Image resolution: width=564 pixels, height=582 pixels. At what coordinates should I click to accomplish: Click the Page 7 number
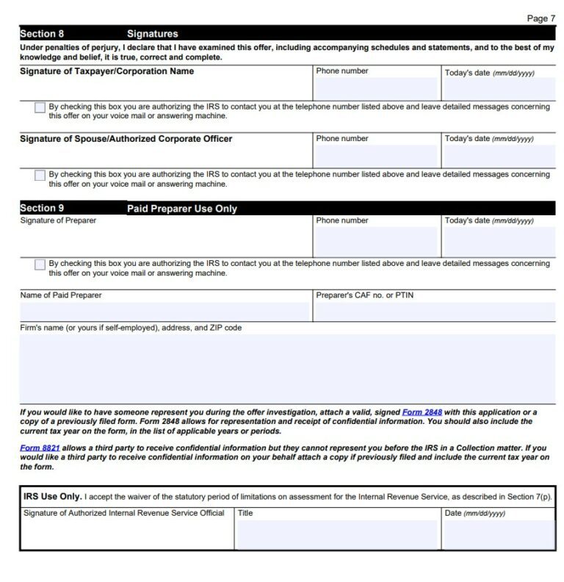point(541,18)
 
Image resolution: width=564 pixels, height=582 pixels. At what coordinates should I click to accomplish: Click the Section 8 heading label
point(42,34)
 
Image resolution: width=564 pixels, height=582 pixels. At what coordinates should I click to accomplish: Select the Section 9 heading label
point(42,209)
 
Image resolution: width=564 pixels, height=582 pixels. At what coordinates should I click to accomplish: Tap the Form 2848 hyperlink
point(422,412)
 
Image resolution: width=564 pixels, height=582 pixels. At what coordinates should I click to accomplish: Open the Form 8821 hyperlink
point(40,448)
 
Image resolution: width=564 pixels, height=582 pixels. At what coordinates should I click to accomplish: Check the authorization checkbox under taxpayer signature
point(40,108)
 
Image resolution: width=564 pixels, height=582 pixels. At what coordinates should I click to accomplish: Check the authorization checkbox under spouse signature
point(40,176)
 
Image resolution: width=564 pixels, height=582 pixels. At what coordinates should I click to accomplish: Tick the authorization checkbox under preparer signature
point(40,265)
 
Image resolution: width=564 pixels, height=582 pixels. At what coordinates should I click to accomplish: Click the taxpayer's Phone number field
point(375,89)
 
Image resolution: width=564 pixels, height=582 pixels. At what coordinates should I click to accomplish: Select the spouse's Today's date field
point(499,156)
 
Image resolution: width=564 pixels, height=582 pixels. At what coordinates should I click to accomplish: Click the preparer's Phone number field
point(375,242)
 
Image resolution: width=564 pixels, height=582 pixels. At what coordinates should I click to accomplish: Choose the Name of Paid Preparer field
point(165,312)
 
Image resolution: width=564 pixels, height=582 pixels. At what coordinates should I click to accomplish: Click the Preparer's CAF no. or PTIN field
point(434,312)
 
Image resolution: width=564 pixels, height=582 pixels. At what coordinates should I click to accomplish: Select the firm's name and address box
point(287,368)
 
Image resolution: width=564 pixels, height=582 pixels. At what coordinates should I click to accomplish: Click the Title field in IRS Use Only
point(338,534)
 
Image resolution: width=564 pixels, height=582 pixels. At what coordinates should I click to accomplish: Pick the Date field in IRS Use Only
point(499,534)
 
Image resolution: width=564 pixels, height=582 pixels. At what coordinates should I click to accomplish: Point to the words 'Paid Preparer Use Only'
point(182,209)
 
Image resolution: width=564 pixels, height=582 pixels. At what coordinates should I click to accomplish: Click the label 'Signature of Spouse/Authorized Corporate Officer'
point(126,139)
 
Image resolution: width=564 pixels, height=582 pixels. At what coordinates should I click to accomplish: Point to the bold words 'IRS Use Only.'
point(52,497)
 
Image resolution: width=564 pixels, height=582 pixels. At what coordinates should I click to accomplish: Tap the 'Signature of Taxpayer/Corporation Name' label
point(106,71)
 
